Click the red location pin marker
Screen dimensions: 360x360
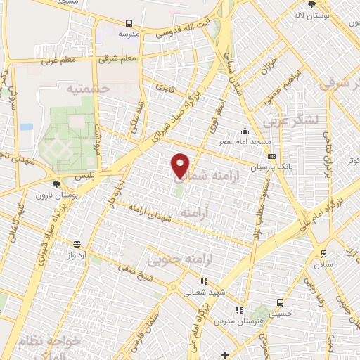(181, 165)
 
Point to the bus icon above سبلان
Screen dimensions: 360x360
(323, 254)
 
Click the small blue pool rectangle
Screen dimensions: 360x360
(27, 127)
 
